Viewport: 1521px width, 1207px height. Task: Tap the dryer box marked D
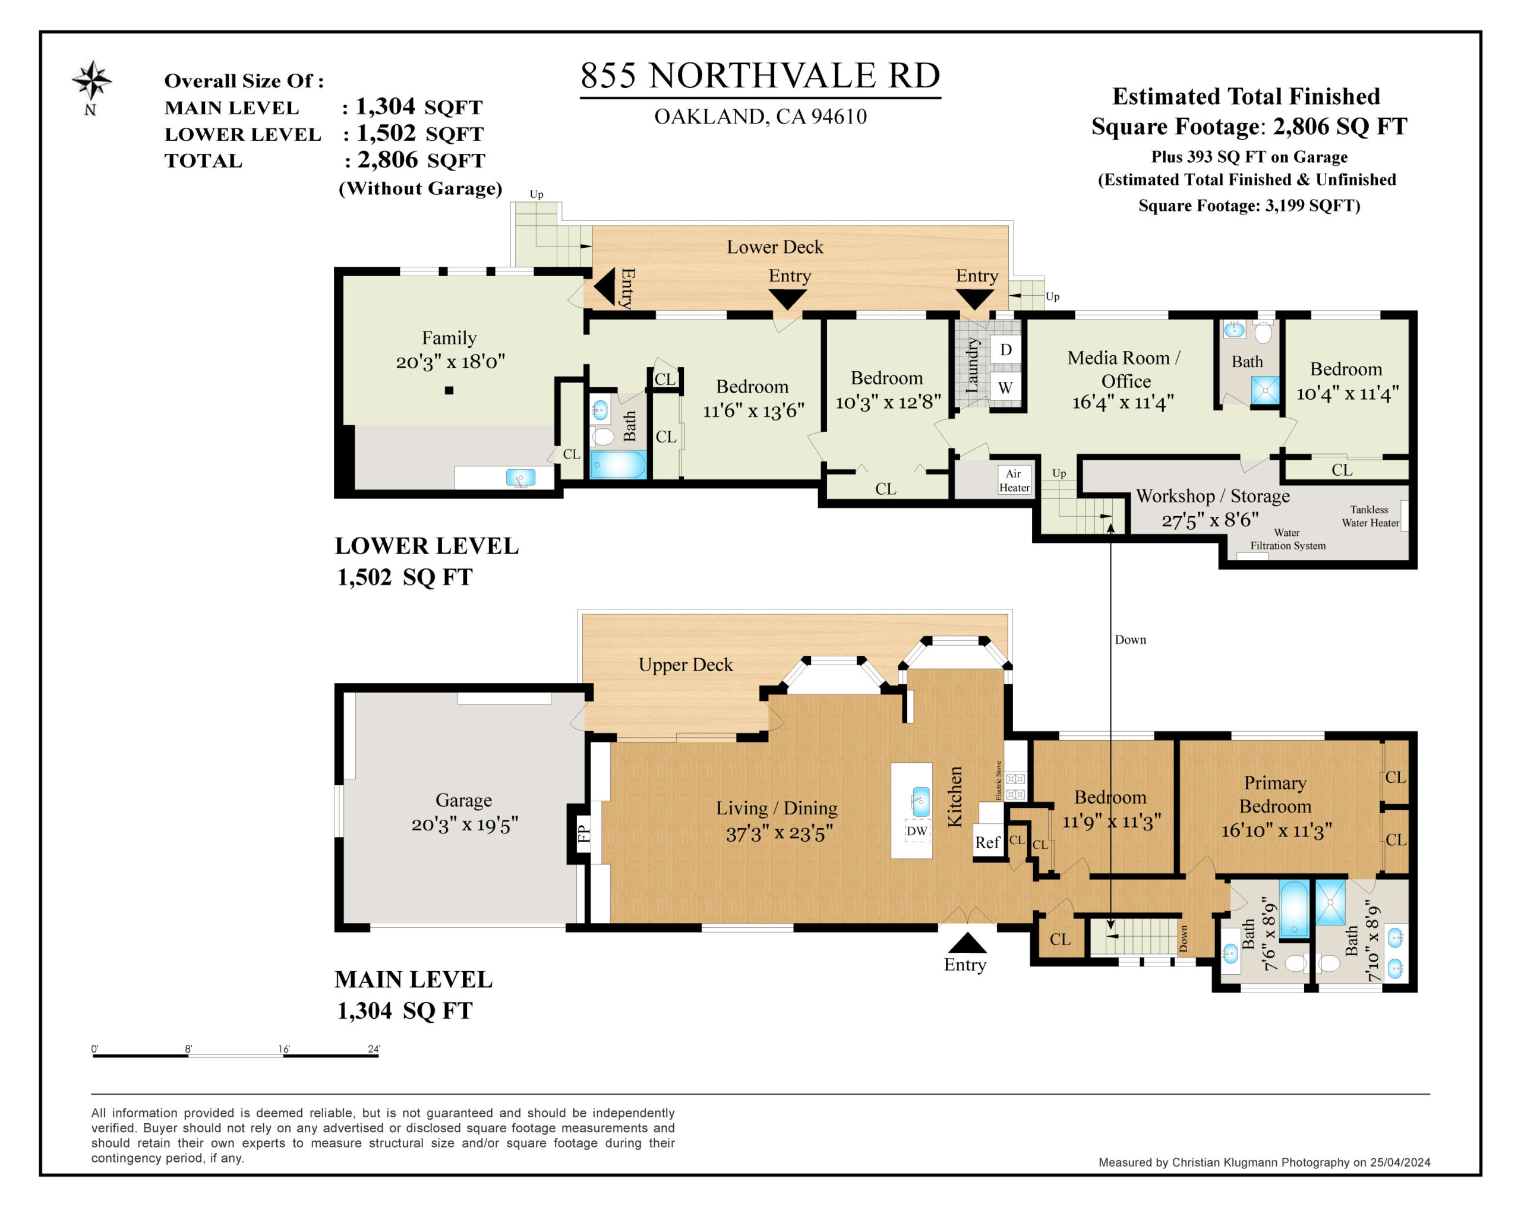click(1005, 349)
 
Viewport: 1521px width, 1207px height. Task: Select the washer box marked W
click(1005, 387)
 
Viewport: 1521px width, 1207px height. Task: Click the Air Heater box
click(1014, 481)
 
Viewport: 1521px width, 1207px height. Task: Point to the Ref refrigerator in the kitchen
click(987, 842)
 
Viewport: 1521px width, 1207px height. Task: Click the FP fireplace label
click(583, 834)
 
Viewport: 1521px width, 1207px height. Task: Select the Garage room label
click(463, 800)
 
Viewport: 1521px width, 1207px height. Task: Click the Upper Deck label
click(685, 665)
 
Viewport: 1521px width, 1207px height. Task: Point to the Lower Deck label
click(775, 247)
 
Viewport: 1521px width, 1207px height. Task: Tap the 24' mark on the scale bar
click(373, 1049)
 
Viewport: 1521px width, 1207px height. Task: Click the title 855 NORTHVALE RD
click(760, 75)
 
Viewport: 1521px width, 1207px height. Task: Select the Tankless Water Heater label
click(1370, 516)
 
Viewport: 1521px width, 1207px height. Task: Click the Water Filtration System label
click(1288, 539)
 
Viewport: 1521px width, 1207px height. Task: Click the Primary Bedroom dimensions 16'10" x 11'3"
click(1276, 830)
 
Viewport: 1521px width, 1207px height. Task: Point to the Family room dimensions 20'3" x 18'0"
click(450, 362)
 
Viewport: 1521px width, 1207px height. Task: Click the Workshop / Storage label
click(1213, 496)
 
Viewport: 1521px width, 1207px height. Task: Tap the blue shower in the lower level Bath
click(1265, 390)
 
